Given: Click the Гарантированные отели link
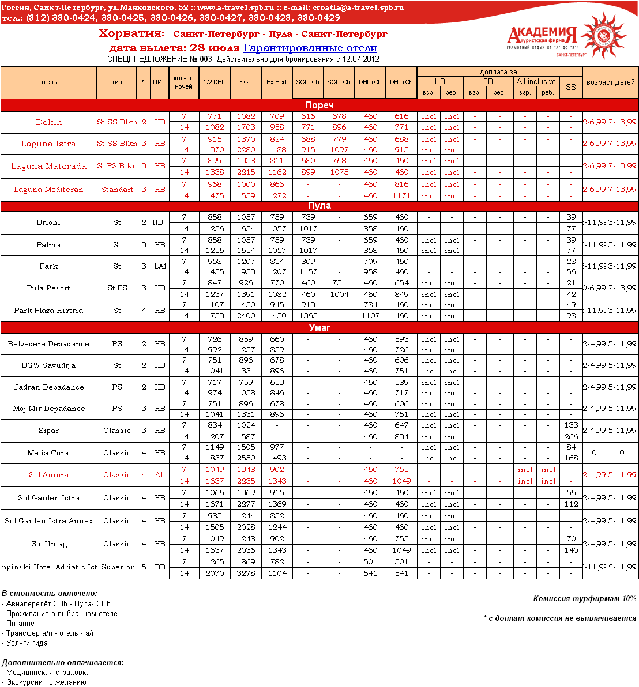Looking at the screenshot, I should [x=310, y=48].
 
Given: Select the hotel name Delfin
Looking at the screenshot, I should [x=48, y=122].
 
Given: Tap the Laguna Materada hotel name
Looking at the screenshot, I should [x=48, y=166].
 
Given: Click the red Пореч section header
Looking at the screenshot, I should [x=319, y=105].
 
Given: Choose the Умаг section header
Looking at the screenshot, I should [x=319, y=327].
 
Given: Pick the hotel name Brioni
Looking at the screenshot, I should [x=48, y=222].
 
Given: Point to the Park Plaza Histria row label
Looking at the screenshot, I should [x=48, y=311].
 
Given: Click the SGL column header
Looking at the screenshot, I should [x=246, y=82].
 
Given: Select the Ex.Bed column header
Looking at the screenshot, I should [x=276, y=82].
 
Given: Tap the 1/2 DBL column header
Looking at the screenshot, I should [x=214, y=82].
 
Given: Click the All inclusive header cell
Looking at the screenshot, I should [x=536, y=82].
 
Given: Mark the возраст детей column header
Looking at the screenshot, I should [x=610, y=82].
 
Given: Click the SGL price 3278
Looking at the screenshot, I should [x=246, y=573].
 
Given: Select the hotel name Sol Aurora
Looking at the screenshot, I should [x=48, y=475].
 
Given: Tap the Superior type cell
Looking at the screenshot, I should [x=117, y=567].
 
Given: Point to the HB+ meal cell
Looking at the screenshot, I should [x=160, y=222].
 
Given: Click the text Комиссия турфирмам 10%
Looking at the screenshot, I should [x=584, y=599].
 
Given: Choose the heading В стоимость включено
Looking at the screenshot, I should [x=50, y=594].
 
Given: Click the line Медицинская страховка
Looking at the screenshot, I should [x=48, y=673].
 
